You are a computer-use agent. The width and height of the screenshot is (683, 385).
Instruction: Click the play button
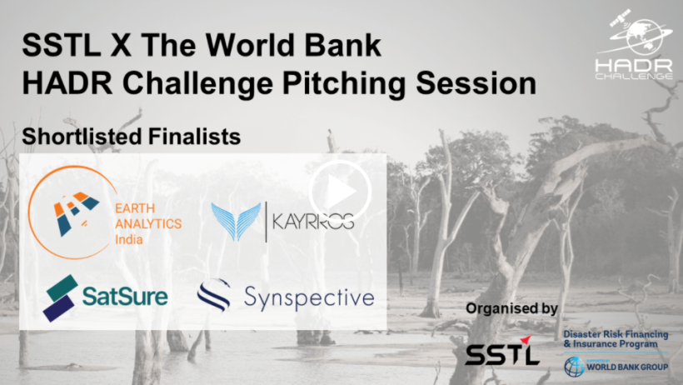click(340, 191)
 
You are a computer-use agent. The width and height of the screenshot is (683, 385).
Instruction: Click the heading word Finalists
click(194, 137)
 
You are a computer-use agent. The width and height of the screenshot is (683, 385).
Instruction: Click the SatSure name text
click(125, 296)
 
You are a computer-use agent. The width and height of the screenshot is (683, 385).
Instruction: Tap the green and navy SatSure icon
click(60, 298)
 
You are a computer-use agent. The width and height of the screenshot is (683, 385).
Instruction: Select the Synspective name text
click(309, 298)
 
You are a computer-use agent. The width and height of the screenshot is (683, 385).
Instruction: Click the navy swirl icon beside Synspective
click(214, 295)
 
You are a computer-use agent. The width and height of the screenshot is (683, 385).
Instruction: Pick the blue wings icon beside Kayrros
click(236, 222)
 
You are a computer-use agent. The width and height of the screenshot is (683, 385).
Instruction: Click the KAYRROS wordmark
click(312, 221)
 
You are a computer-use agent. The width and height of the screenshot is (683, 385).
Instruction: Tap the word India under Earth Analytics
click(129, 239)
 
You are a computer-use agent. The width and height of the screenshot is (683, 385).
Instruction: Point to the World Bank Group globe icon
click(575, 367)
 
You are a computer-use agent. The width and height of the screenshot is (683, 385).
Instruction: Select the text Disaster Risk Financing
click(616, 334)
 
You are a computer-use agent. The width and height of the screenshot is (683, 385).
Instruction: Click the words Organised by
click(511, 308)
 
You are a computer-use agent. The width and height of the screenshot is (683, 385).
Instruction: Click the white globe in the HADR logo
click(645, 37)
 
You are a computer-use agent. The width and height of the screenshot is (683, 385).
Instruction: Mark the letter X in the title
click(122, 45)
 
